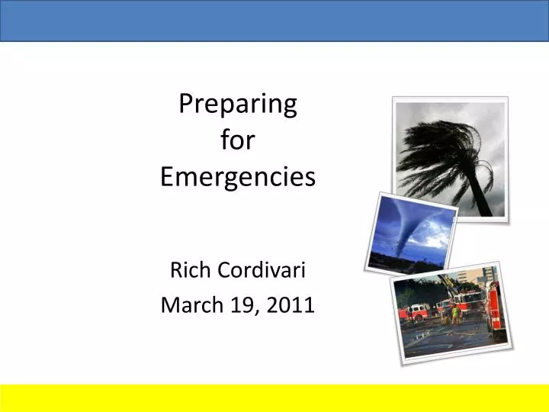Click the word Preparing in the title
237,105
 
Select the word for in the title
237,140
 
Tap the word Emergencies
237,177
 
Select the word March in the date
188,305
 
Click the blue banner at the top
274,20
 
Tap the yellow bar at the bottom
274,397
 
